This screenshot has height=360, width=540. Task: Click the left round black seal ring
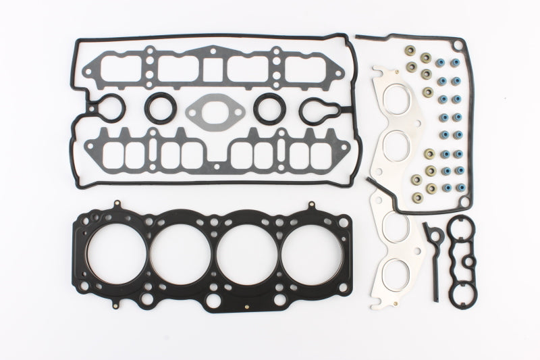pyautogui.click(x=161, y=108)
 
